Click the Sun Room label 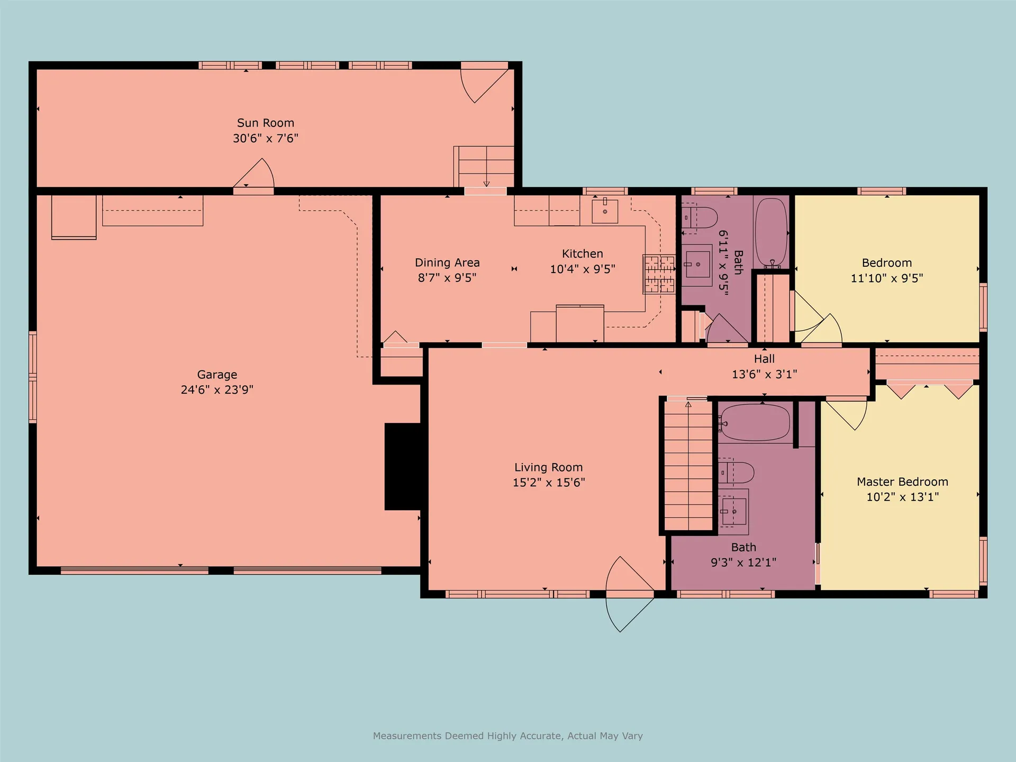click(x=266, y=123)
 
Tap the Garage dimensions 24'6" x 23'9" click(x=217, y=390)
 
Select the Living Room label click(x=549, y=468)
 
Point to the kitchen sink click(x=605, y=210)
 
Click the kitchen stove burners click(x=659, y=274)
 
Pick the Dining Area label click(x=447, y=262)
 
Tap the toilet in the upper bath click(x=699, y=217)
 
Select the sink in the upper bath click(x=697, y=265)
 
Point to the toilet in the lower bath click(x=736, y=473)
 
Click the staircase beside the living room click(x=688, y=466)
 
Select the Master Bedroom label click(x=902, y=482)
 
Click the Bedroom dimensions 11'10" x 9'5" click(x=887, y=278)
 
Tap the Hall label click(x=764, y=359)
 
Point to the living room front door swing click(x=630, y=594)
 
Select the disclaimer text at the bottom click(x=508, y=736)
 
